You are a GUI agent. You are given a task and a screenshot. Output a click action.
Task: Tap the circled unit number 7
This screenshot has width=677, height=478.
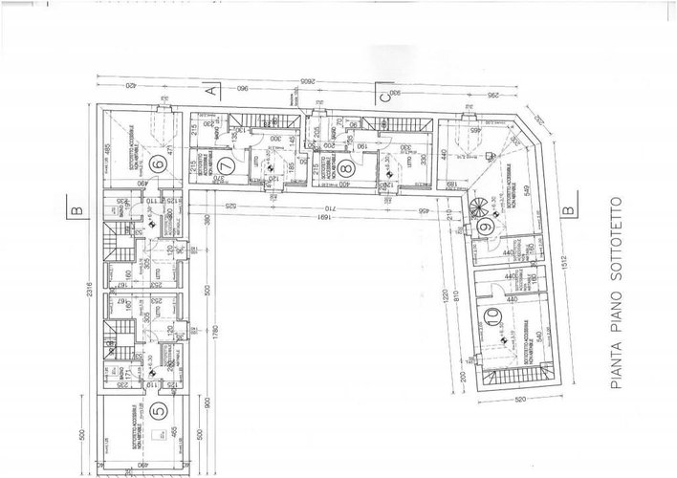251,135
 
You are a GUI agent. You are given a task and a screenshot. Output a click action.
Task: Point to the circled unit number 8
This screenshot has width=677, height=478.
345,165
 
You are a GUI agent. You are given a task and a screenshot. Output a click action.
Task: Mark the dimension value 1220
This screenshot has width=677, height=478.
446,302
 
